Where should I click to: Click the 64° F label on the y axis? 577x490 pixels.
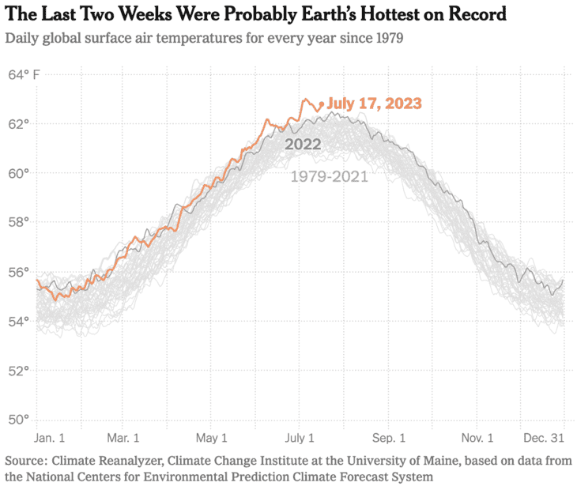tap(25, 75)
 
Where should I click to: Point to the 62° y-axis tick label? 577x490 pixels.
tap(19, 124)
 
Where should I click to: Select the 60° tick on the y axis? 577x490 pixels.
tap(19, 173)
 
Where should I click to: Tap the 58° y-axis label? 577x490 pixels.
tap(19, 222)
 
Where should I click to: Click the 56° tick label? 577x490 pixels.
tap(19, 272)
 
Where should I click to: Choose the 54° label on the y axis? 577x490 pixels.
tap(19, 321)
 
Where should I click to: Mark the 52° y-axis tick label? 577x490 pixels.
tap(19, 370)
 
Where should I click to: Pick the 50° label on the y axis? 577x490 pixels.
tap(19, 419)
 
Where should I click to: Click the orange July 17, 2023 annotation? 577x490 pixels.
tap(374, 104)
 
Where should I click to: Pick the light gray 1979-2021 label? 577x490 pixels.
tap(329, 176)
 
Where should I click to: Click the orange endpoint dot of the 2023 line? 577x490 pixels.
tap(321, 104)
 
